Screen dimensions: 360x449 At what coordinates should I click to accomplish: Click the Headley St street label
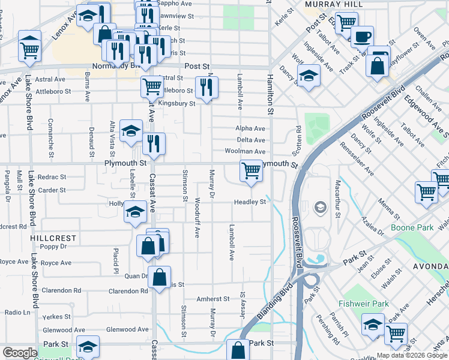(250, 202)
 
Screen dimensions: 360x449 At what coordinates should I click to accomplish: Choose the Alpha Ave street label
(250, 128)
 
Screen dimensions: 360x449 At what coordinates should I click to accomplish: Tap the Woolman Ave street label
(245, 152)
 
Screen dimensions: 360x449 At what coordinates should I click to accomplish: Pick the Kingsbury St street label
(176, 104)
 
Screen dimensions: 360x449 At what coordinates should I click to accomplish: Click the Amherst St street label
(213, 298)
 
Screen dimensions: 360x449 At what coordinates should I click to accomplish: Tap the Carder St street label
(52, 190)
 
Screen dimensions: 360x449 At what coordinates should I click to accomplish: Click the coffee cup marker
(362, 37)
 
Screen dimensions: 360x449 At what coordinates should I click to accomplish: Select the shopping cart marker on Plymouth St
(251, 170)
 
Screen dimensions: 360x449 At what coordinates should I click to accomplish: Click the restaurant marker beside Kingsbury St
(206, 87)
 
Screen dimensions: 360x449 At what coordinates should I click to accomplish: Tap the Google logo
(20, 353)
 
